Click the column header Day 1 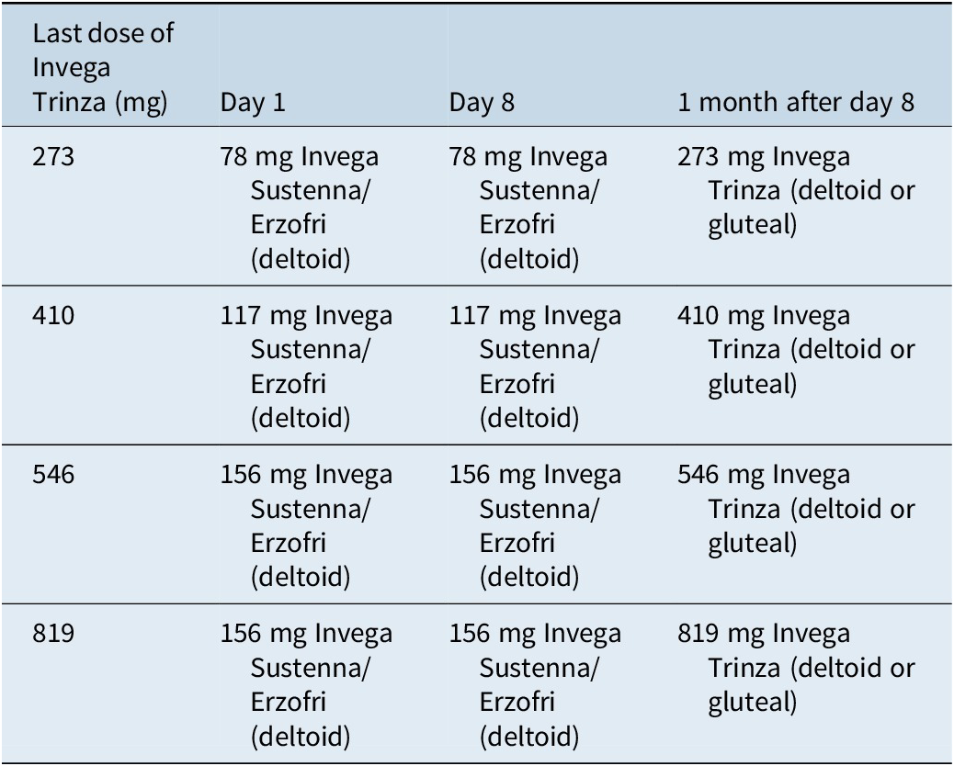[253, 102]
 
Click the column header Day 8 [482, 102]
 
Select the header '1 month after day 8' [796, 102]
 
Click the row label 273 [53, 157]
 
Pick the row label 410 [53, 317]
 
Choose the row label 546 [53, 475]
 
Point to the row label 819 [53, 634]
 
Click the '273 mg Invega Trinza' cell [796, 191]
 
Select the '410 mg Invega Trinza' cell [796, 350]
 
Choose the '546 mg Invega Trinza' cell [796, 509]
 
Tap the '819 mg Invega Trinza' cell [796, 668]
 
